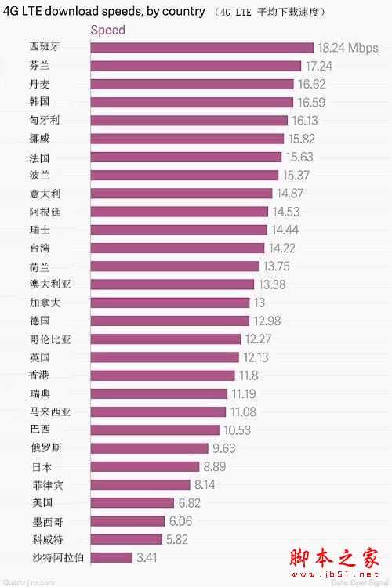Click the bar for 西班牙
point(201,48)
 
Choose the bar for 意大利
point(182,193)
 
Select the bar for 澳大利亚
point(172,284)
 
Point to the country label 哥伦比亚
point(49,339)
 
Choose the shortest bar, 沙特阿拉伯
point(111,557)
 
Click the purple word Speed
point(108,31)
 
